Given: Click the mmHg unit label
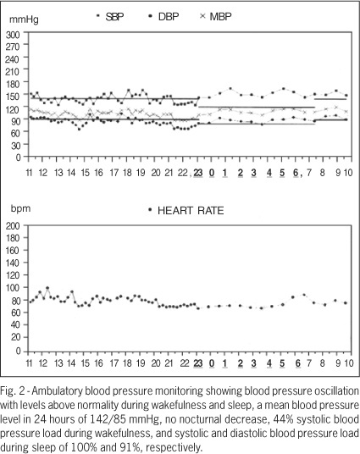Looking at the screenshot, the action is coord(24,19).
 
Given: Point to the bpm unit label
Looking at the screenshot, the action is coord(20,208).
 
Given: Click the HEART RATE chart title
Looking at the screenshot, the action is coord(191,211).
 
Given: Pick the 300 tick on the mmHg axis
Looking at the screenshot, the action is coord(13,35).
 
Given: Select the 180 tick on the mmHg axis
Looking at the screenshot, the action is coord(13,84).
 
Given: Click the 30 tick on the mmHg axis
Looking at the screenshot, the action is coord(15,145).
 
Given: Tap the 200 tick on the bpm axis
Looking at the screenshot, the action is coord(13,226).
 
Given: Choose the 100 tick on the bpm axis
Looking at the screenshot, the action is coord(13,287).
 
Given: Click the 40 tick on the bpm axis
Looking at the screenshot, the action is coord(15,324).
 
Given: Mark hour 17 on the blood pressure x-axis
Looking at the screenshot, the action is coord(114,173).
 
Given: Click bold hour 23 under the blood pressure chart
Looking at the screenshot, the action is coord(198,173).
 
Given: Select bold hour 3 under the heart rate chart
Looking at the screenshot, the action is coord(254,363).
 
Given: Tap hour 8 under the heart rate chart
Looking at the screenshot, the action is coord(322,363).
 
